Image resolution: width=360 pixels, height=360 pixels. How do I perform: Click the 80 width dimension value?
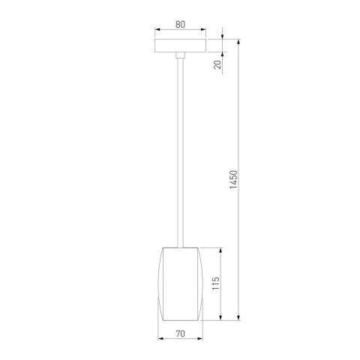[180, 23]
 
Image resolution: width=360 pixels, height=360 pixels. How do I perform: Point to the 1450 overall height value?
[233, 180]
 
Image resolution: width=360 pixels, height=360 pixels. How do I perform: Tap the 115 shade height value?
[217, 284]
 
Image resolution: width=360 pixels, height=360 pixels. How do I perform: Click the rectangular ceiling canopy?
[180, 46]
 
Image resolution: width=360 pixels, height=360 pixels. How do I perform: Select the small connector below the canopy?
[180, 55]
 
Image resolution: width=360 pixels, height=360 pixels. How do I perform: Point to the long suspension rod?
[180, 150]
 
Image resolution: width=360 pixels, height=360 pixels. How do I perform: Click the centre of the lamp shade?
[180, 284]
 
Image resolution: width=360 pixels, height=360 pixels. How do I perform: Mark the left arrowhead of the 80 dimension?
[157, 31]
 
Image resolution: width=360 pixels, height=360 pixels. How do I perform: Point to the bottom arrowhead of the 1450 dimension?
[239, 319]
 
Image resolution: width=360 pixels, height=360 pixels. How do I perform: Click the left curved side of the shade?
[160, 284]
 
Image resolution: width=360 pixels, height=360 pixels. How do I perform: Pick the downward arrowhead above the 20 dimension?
[223, 35]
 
